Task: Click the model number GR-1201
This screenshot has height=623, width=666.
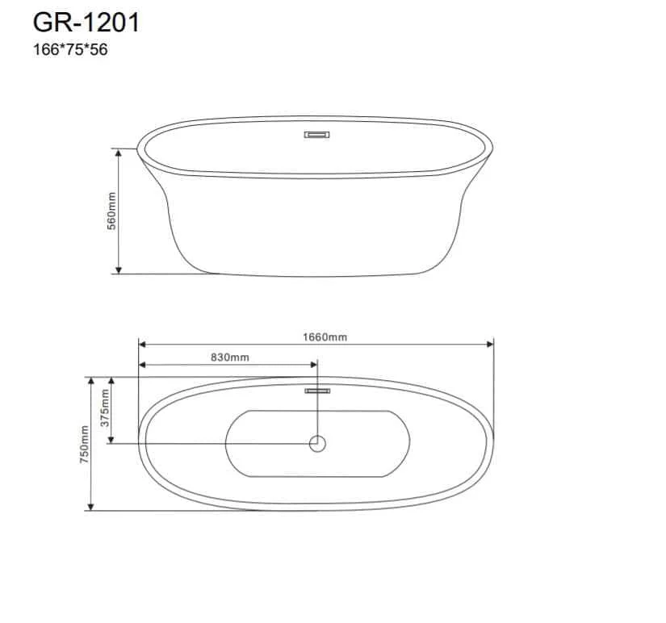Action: [x=86, y=23]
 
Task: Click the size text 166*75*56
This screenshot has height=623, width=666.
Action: [x=70, y=50]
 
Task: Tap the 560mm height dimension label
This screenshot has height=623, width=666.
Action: [x=111, y=211]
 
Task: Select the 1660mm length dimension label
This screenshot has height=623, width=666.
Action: [x=325, y=337]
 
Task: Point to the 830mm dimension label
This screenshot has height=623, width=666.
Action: [x=230, y=357]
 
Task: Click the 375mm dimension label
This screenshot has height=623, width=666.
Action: [x=104, y=408]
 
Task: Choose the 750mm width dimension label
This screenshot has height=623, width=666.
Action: [x=85, y=444]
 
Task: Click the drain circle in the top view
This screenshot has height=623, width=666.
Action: [x=318, y=444]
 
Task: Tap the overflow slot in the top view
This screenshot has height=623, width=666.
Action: [x=318, y=391]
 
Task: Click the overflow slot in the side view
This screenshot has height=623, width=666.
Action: [x=317, y=135]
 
